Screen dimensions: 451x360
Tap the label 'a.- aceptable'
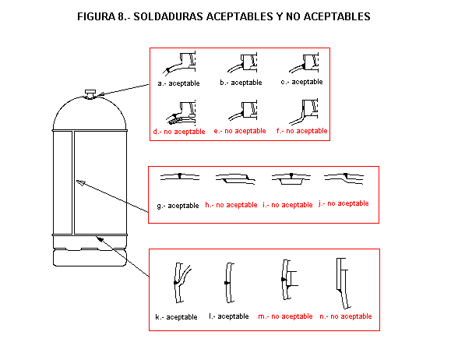(x=178, y=83)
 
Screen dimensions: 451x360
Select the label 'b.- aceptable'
(x=241, y=83)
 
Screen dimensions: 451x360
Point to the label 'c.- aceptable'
(x=301, y=82)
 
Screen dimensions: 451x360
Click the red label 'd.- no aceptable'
(x=179, y=132)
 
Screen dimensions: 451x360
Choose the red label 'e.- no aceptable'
(x=240, y=131)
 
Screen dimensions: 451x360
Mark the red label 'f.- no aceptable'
(x=301, y=131)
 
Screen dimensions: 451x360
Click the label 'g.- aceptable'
(x=178, y=206)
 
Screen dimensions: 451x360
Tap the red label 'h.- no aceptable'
(x=231, y=205)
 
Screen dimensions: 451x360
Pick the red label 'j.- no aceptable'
(x=344, y=203)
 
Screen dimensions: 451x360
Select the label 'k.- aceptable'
(x=176, y=317)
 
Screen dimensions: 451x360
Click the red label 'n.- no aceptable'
(x=346, y=316)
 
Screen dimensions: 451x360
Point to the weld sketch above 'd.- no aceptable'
(x=181, y=113)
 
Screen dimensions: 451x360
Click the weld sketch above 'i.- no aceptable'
(x=291, y=178)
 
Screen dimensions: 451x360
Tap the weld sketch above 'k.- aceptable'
(x=182, y=283)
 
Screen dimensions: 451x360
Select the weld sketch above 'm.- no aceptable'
(x=289, y=280)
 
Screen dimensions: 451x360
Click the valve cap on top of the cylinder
(x=90, y=94)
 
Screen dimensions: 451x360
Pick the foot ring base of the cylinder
(x=90, y=258)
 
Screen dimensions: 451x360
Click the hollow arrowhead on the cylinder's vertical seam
(x=81, y=182)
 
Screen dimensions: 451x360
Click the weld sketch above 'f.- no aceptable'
(x=304, y=111)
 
